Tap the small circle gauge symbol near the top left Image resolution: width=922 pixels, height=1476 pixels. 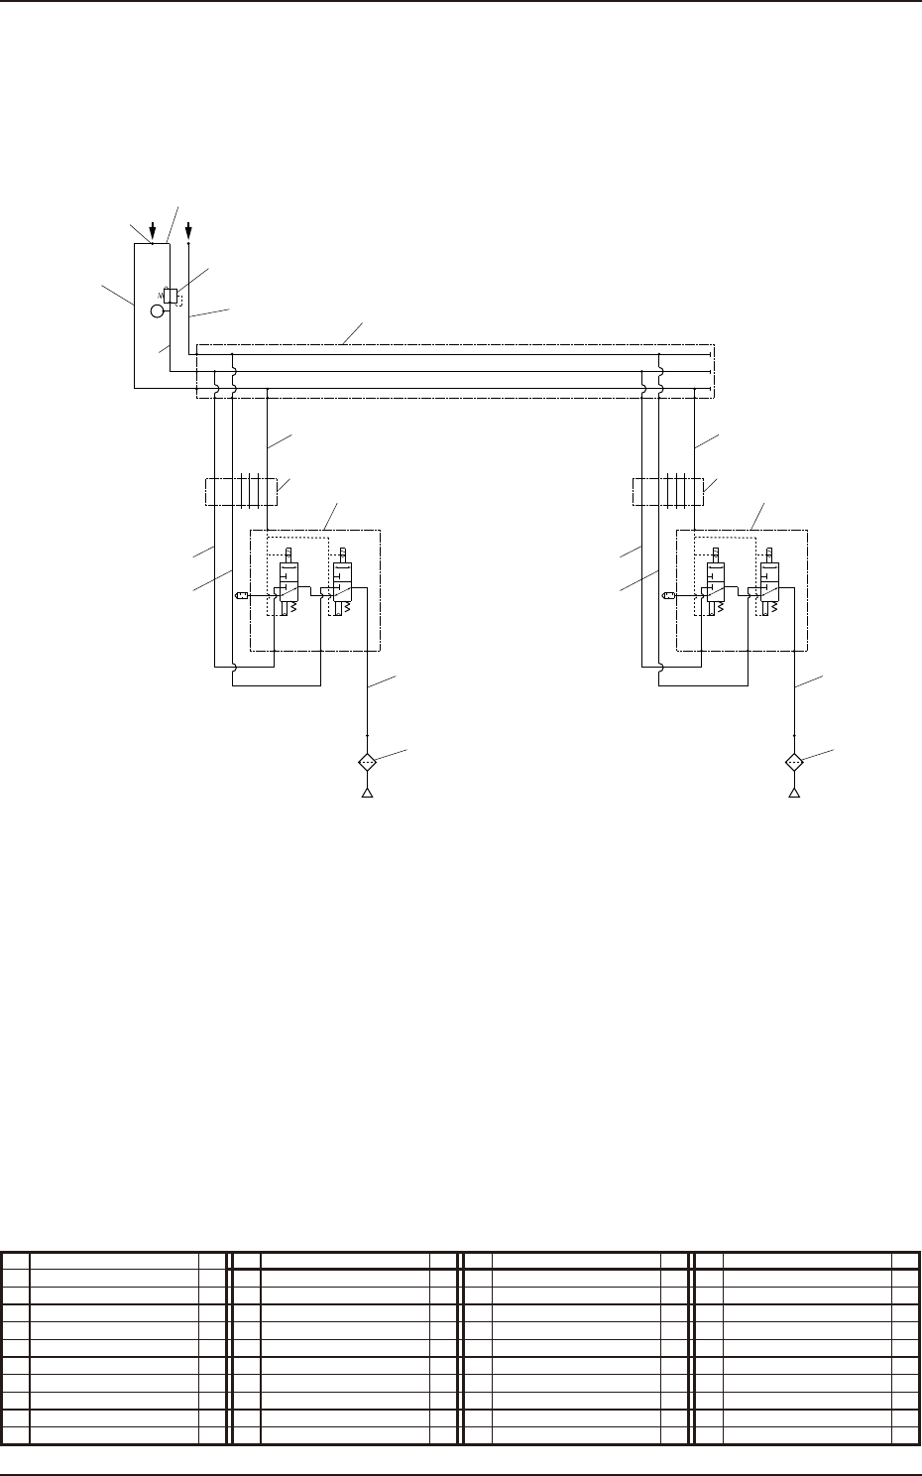tap(157, 311)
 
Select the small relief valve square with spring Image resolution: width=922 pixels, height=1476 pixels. tap(171, 295)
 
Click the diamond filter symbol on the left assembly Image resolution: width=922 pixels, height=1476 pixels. tap(367, 762)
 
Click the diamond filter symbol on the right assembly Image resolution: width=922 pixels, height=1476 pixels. tap(794, 762)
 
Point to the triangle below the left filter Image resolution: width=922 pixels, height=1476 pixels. tap(367, 794)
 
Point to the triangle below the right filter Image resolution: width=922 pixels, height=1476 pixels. tap(794, 794)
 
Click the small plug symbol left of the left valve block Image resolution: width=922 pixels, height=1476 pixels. tap(241, 595)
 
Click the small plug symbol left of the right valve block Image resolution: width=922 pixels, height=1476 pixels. tap(668, 595)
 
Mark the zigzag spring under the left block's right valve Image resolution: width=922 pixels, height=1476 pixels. tap(348, 609)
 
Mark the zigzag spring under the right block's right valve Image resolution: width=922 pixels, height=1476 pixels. tap(774, 609)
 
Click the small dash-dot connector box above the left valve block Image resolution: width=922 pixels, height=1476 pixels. tap(241, 491)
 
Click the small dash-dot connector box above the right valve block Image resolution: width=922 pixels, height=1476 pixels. tap(668, 491)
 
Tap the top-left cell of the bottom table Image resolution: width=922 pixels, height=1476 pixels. tap(15, 1261)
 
